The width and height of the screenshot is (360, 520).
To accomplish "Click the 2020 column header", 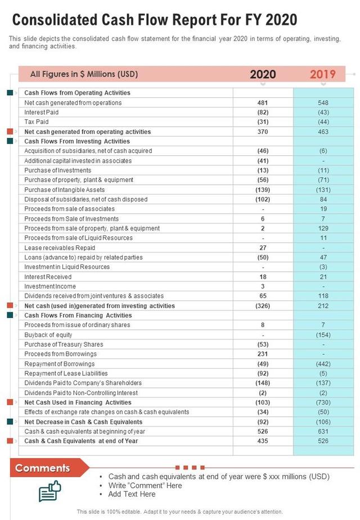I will click(263, 74).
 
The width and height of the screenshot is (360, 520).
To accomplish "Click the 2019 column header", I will click(323, 74).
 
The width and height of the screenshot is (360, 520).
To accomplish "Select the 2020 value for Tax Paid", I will click(263, 122).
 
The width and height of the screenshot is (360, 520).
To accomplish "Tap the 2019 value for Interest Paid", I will click(323, 113).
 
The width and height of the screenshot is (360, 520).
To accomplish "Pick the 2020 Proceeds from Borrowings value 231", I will click(263, 354).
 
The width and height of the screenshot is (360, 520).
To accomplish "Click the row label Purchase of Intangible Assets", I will click(65, 190).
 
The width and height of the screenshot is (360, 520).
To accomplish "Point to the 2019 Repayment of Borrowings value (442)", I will click(323, 364).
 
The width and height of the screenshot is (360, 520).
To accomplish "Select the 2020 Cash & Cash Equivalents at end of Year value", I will click(263, 441).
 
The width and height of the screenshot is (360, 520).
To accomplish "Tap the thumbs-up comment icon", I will click(49, 490).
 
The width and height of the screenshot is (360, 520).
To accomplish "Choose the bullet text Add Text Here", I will click(132, 494).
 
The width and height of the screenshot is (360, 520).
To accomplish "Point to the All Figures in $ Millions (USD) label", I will click(84, 74).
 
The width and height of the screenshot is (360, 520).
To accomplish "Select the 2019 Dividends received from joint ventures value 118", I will click(323, 296).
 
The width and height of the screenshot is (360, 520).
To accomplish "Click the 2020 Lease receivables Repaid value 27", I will click(263, 248).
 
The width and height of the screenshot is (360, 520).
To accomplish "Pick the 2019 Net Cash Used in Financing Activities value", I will click(323, 402).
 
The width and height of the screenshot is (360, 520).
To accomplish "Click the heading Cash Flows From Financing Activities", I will click(78, 316).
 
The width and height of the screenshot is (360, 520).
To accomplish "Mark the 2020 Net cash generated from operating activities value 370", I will click(263, 132).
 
